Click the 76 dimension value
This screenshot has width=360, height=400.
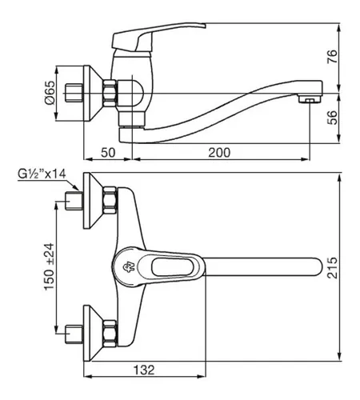(332, 56)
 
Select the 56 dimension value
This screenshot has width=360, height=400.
(332, 118)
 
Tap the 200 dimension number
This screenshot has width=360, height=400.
(219, 153)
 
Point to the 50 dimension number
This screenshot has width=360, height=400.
(108, 153)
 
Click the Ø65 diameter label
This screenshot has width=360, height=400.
(50, 92)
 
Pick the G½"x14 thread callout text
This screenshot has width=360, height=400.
(42, 174)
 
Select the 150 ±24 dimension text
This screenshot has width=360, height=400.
(50, 266)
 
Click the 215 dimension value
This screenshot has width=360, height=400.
(332, 268)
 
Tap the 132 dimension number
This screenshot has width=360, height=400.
(144, 370)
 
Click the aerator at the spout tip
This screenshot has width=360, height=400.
(310, 99)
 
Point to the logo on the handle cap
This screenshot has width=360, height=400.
(129, 267)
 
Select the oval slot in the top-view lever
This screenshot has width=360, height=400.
(172, 267)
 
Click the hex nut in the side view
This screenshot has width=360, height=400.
(110, 94)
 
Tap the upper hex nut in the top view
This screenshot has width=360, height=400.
(110, 200)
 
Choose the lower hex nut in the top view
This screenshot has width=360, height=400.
(110, 334)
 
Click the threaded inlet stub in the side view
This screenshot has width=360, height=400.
(74, 93)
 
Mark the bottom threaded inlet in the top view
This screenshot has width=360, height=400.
(74, 334)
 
